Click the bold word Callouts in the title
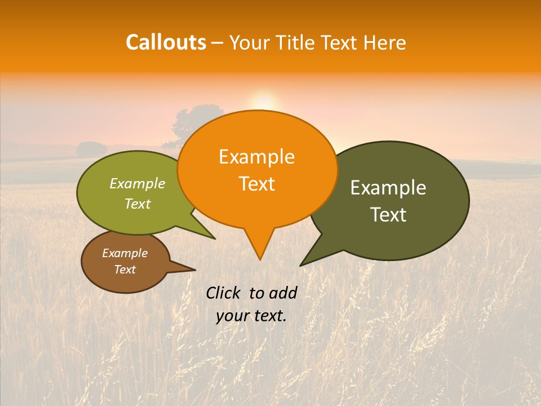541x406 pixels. pos(166,42)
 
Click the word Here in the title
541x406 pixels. pos(385,42)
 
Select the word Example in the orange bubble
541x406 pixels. pos(256,157)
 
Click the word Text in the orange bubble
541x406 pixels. pos(256,184)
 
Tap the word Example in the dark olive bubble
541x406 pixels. pos(388,188)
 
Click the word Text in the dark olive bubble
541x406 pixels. pos(388,215)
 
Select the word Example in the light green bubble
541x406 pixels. pos(138,184)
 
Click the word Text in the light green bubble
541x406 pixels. pos(138,204)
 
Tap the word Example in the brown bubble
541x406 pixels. pos(125,253)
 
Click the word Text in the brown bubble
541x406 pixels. pos(125,270)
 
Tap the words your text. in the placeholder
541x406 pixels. pos(251,316)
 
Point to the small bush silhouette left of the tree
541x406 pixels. pos(91,149)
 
